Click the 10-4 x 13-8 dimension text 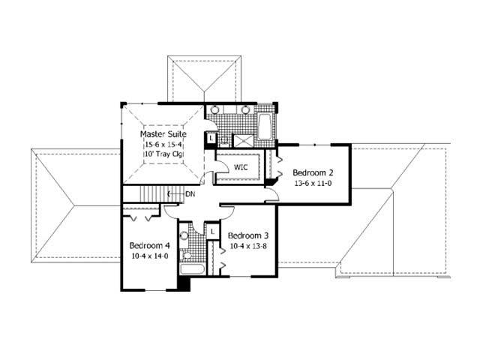tap(250, 245)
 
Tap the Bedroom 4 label tap(150, 245)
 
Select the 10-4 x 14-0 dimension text tap(150, 256)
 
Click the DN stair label tap(191, 193)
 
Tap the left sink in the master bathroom tap(216, 110)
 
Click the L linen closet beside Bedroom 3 tap(212, 232)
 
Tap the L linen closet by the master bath tap(212, 139)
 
